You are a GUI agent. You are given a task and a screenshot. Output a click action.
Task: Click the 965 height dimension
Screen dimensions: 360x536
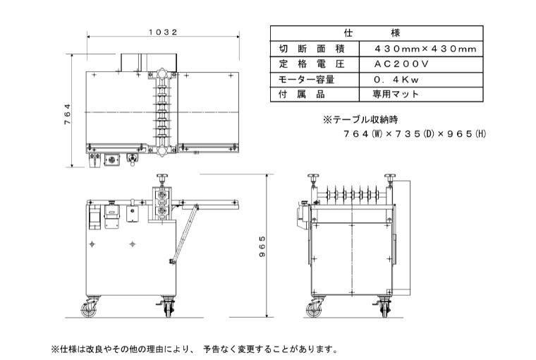pyautogui.click(x=261, y=246)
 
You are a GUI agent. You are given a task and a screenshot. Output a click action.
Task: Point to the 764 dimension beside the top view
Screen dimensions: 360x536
pyautogui.click(x=68, y=114)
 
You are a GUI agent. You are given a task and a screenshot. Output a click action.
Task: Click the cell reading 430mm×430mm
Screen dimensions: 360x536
pyautogui.click(x=421, y=49)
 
